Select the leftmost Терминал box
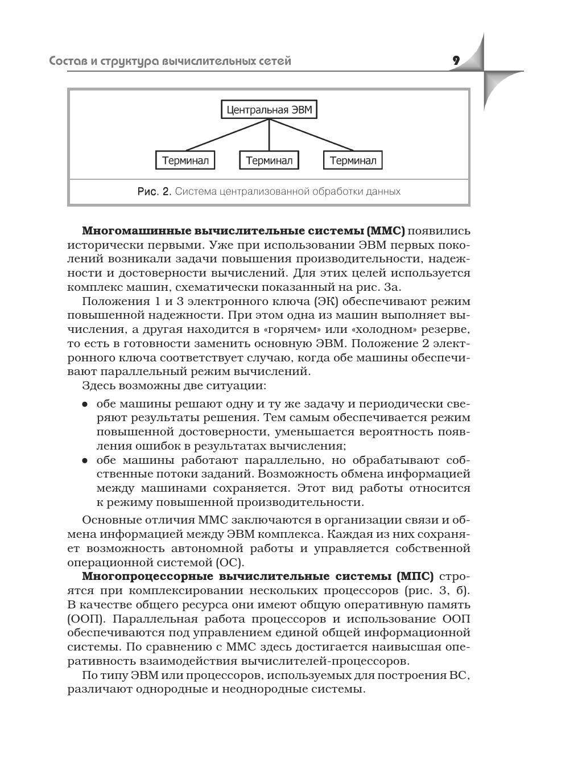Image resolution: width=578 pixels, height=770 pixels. click(x=185, y=160)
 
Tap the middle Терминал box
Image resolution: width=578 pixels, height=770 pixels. click(x=269, y=160)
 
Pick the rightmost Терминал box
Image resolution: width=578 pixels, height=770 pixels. click(x=353, y=160)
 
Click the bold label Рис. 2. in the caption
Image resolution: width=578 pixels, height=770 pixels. click(x=154, y=192)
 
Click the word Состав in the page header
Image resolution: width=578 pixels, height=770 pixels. click(x=68, y=61)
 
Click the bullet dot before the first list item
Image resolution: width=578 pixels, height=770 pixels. click(x=85, y=405)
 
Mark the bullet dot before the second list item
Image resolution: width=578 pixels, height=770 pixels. click(x=85, y=460)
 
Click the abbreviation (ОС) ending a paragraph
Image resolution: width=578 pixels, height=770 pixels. click(x=230, y=563)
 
